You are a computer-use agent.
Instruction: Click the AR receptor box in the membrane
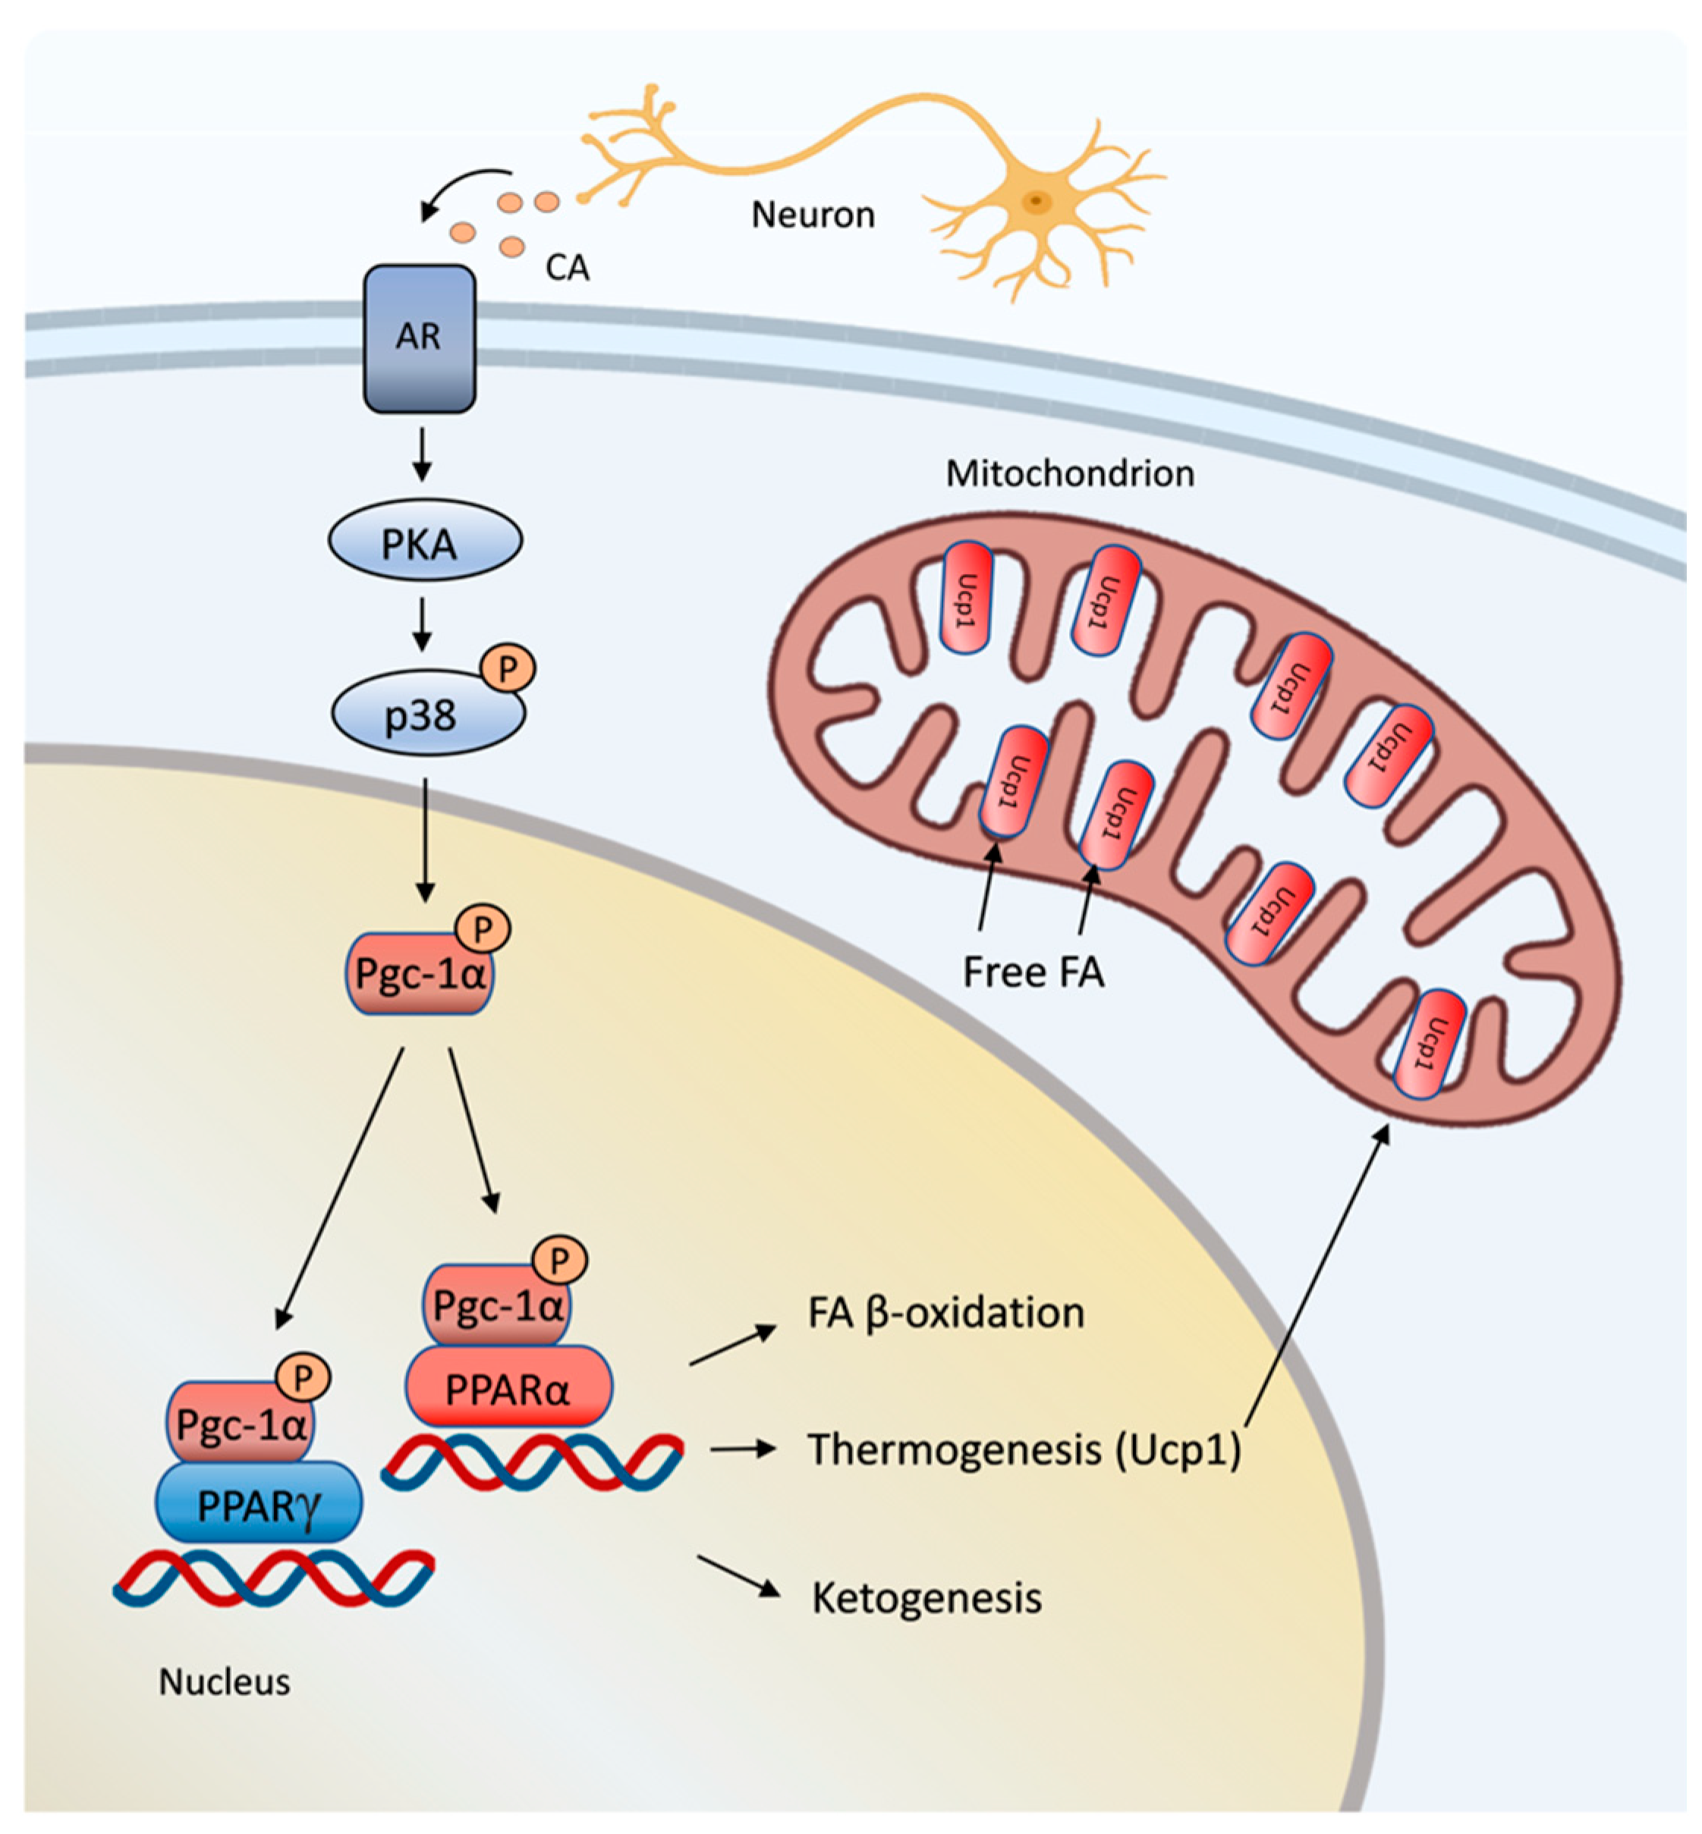pos(419,338)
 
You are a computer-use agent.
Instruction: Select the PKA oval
pos(425,542)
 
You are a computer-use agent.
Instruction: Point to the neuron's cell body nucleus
pos(1037,199)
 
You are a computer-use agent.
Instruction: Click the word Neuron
pos(813,215)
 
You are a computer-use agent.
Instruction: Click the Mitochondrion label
pos(1069,473)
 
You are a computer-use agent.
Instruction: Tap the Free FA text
pos(1033,972)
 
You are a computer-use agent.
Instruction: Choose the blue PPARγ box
pos(259,1504)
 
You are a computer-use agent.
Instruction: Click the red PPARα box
pos(508,1388)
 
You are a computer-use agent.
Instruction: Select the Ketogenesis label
pos(926,1599)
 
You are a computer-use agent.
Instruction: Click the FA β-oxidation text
pos(946,1314)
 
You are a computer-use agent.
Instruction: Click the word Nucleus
pos(225,1682)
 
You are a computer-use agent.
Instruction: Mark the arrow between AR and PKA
pos(422,453)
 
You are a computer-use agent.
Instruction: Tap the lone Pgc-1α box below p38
pos(419,973)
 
